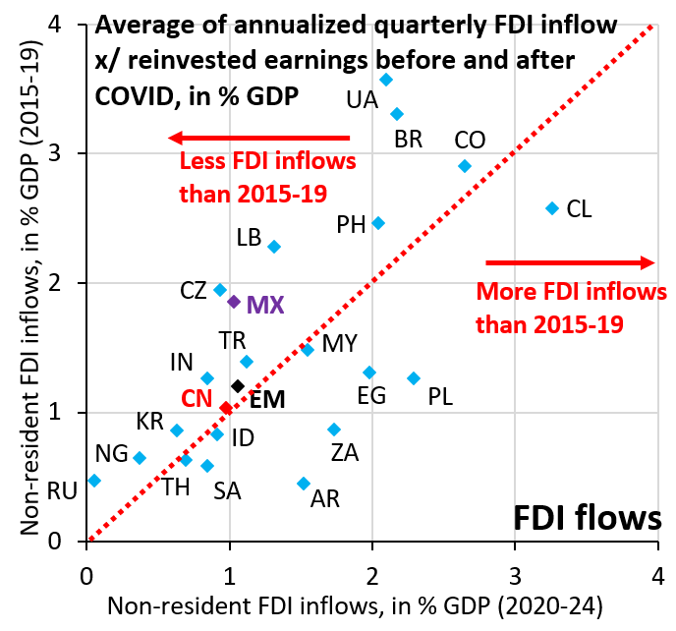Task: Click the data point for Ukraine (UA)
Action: [x=386, y=79]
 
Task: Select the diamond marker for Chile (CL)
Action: [x=552, y=207]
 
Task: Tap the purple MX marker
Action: [x=234, y=302]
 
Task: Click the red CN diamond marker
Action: [x=226, y=408]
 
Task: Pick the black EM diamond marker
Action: [x=238, y=386]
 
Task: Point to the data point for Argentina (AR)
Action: [x=304, y=484]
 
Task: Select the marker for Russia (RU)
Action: [x=94, y=481]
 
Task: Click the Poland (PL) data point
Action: [x=414, y=378]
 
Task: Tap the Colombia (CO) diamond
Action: [x=465, y=166]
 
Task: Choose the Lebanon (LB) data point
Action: [x=274, y=246]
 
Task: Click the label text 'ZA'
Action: [x=344, y=453]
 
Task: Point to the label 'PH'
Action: [x=351, y=225]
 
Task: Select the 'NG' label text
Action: [x=110, y=453]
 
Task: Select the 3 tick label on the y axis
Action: [x=67, y=153]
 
